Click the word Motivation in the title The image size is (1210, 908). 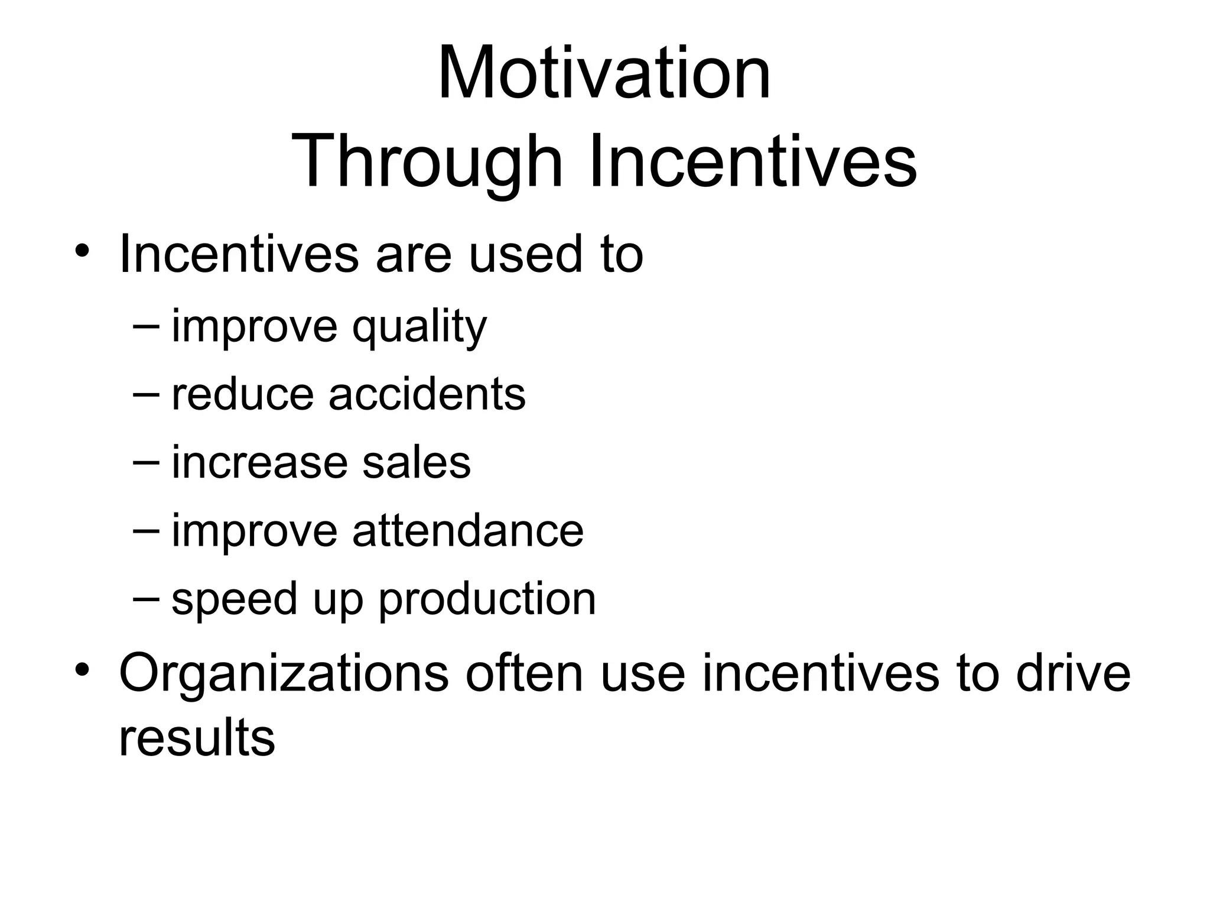[x=604, y=74]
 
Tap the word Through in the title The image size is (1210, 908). [x=426, y=161]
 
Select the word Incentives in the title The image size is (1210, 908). [x=753, y=161]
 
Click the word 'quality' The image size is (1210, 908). [x=419, y=328]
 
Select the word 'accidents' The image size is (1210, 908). [x=427, y=394]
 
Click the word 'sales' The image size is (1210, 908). [x=417, y=462]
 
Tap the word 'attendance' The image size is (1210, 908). [x=468, y=530]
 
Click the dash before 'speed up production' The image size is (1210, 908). [x=147, y=596]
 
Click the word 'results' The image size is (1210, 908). [x=197, y=738]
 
